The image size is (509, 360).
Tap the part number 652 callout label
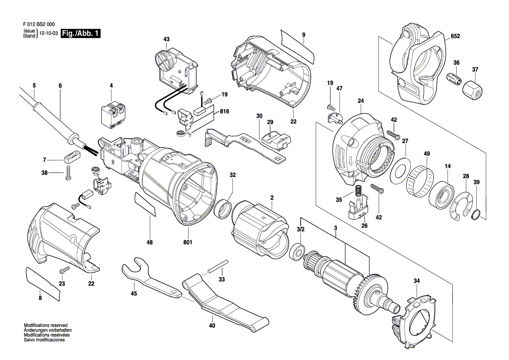coord(455,36)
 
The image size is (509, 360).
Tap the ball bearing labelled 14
coord(441,196)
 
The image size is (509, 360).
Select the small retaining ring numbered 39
coord(475,214)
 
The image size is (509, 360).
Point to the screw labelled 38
coord(68,173)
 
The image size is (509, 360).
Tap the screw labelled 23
coord(64,270)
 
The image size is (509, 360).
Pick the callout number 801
coord(188,242)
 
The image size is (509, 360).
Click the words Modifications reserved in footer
coord(45,325)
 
